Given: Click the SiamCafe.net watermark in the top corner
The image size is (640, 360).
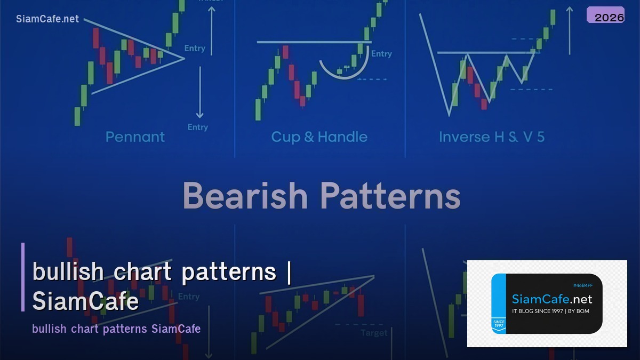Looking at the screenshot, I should (x=47, y=19).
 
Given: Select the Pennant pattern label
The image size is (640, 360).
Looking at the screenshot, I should (x=135, y=137).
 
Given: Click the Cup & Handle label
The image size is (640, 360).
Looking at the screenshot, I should (x=319, y=137).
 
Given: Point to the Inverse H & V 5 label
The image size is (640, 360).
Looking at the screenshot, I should (x=491, y=137).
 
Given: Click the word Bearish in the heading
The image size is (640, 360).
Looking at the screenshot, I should (x=245, y=196).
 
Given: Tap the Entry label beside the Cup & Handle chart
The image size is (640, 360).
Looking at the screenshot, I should (x=381, y=54).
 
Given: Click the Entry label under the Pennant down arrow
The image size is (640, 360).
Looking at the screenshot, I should (x=197, y=127).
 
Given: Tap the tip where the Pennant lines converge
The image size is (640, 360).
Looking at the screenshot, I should (x=184, y=58).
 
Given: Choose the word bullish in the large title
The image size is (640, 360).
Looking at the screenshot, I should (x=68, y=272).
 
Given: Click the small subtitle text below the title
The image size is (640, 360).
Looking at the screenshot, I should (x=116, y=329).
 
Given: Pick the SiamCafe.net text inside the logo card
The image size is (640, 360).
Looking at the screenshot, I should (x=551, y=300).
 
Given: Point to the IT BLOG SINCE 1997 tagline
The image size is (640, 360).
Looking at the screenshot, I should (x=550, y=311).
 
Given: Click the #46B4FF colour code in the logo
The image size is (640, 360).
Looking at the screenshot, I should (x=582, y=286).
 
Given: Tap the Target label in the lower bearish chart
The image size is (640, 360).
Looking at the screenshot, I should (x=374, y=333).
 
